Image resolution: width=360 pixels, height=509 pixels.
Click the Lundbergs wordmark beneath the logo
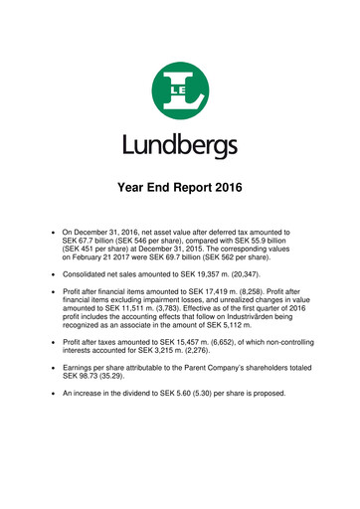180,146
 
